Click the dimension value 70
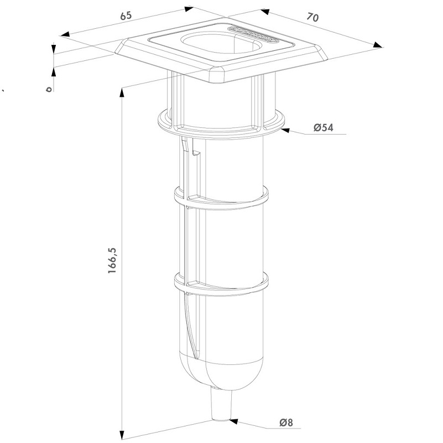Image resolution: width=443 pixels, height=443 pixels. point(312,18)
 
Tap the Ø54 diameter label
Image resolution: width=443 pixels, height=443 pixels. point(323,128)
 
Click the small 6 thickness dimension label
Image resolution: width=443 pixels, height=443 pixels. point(49,88)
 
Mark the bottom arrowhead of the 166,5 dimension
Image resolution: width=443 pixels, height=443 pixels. point(121,433)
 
